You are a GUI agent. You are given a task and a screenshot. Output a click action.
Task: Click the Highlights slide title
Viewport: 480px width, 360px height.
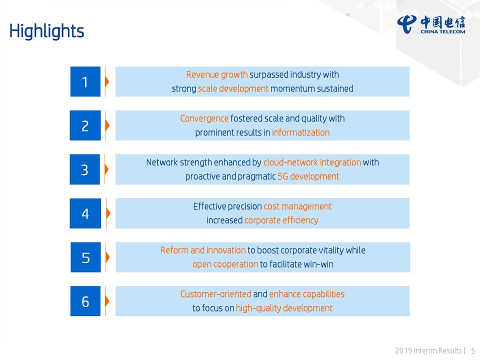click(46, 31)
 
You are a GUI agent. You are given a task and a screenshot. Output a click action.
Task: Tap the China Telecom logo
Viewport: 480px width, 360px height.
click(431, 24)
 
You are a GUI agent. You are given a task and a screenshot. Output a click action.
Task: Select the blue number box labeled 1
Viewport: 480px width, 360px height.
click(85, 81)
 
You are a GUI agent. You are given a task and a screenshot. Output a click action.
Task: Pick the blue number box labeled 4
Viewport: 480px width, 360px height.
click(85, 213)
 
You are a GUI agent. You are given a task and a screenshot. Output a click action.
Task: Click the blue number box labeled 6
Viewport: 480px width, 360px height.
click(85, 301)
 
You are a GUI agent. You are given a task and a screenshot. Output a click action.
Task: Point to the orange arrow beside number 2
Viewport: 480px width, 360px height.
click(107, 125)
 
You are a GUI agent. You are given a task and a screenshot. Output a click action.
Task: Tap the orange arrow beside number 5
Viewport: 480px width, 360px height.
click(107, 257)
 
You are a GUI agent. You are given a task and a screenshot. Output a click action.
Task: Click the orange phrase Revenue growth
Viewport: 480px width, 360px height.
click(216, 74)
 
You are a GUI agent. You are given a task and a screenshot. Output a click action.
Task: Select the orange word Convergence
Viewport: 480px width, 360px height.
click(204, 118)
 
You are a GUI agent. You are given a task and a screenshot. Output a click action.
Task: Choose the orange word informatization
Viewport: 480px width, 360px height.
click(300, 132)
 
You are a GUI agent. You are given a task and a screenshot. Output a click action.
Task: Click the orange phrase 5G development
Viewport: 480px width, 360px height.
click(308, 176)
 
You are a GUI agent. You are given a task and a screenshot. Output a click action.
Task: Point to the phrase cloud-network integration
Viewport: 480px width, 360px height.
click(312, 162)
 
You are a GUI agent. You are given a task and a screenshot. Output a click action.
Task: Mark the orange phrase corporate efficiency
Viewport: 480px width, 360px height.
click(281, 220)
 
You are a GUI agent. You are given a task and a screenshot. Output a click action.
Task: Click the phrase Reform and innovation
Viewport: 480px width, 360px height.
click(203, 250)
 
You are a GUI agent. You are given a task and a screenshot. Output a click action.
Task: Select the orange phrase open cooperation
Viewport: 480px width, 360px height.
click(225, 264)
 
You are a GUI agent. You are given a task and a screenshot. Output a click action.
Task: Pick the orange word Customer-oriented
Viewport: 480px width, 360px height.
click(216, 294)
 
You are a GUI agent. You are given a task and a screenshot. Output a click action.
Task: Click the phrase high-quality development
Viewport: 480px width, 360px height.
click(284, 308)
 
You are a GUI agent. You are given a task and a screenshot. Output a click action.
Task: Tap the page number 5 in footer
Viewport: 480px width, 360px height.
click(473, 350)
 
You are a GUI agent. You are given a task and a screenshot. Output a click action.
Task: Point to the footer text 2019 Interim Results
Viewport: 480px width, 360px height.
click(428, 350)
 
